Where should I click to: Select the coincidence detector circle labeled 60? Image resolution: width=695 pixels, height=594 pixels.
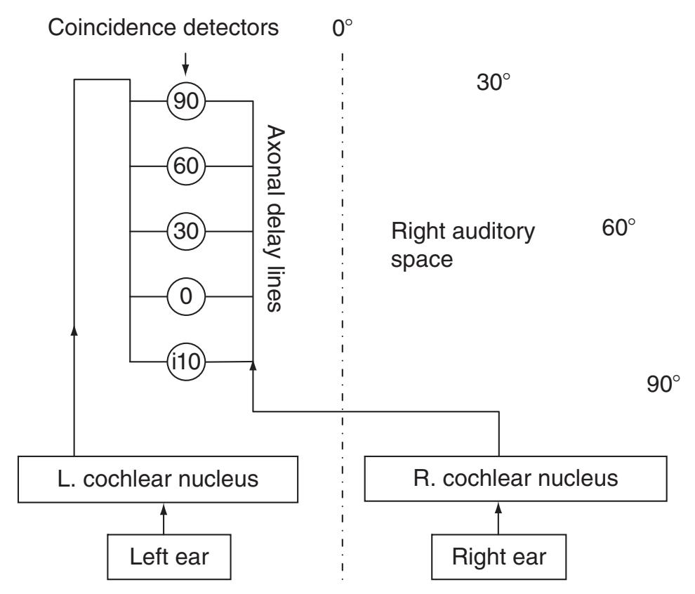tap(186, 166)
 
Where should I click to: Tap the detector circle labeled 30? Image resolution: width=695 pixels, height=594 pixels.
tap(186, 231)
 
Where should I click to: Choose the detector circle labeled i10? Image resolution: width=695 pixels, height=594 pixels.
tap(186, 362)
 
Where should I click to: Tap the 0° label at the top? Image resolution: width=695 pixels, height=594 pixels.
tap(342, 29)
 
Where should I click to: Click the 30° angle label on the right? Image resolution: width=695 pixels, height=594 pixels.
tap(494, 84)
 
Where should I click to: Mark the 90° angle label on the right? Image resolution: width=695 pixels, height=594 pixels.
tap(663, 384)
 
